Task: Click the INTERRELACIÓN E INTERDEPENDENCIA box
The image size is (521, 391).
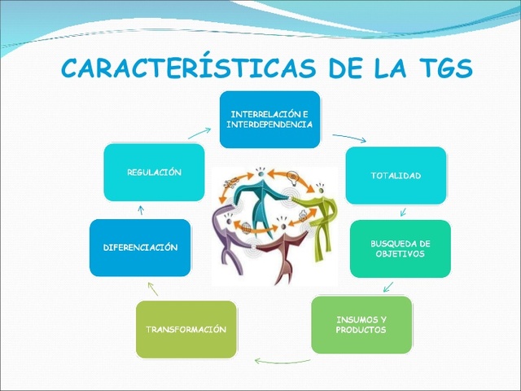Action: pyautogui.click(x=270, y=119)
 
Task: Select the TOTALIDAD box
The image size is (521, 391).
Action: pyautogui.click(x=396, y=175)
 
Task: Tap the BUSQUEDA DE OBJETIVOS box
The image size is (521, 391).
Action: pyautogui.click(x=400, y=248)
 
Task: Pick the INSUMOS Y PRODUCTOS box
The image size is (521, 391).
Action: pyautogui.click(x=361, y=324)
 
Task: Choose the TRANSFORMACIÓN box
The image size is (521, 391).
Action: pyautogui.click(x=186, y=329)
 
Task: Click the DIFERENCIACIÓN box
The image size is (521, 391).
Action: pyautogui.click(x=140, y=247)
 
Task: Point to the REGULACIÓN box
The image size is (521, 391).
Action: pyautogui.click(x=154, y=172)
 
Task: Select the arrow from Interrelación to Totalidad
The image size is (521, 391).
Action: pyautogui.click(x=349, y=138)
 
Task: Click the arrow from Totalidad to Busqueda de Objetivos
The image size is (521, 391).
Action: pyautogui.click(x=401, y=213)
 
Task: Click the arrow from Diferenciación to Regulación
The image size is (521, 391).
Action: pyautogui.click(x=141, y=210)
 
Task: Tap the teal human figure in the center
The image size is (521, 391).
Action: pyautogui.click(x=261, y=195)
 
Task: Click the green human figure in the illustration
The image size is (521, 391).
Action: pyautogui.click(x=317, y=216)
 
